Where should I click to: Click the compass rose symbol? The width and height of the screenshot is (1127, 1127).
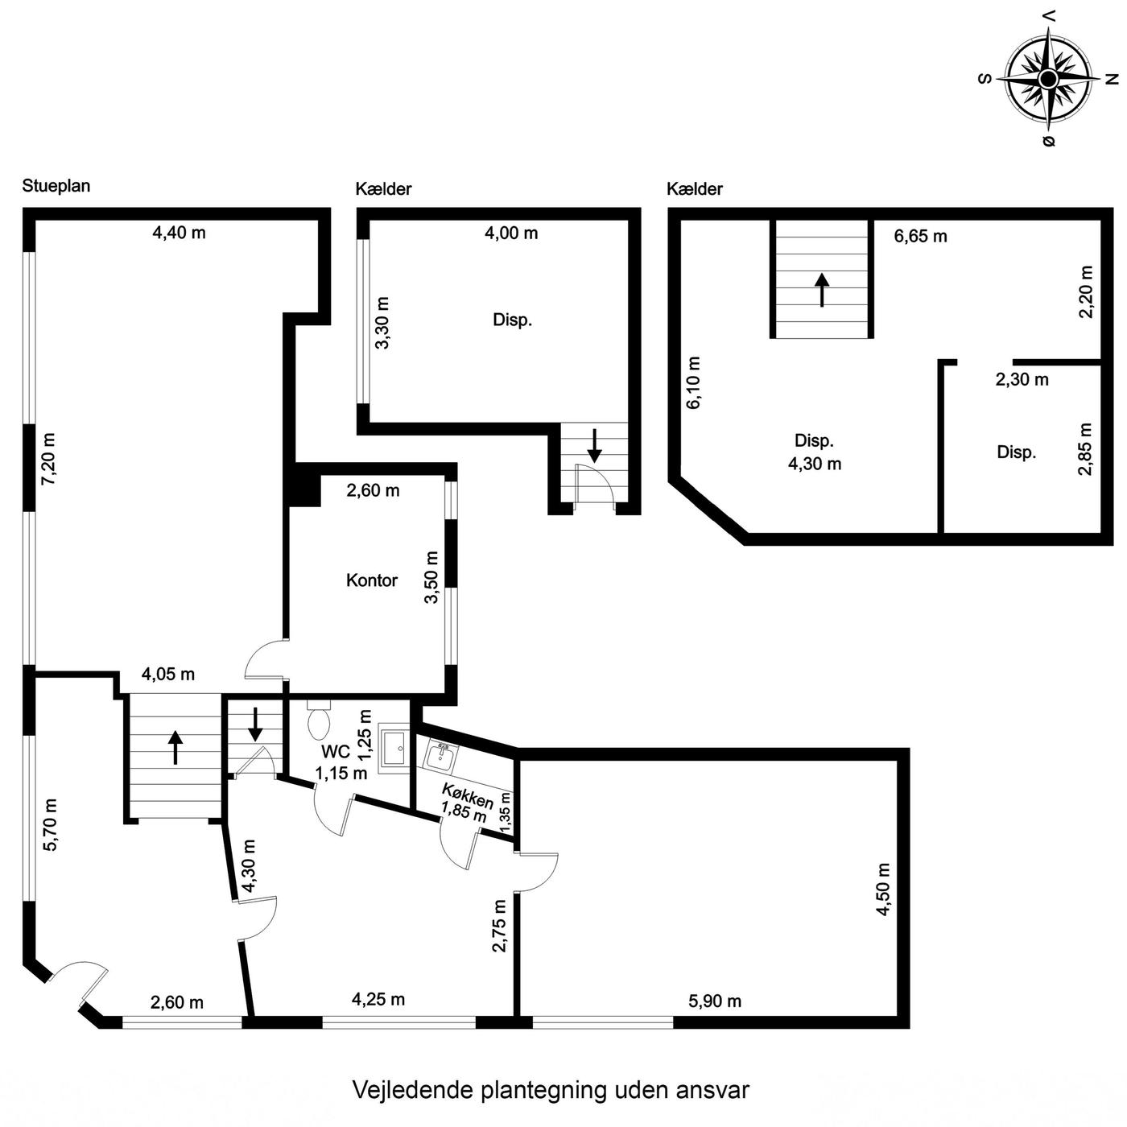click(x=1048, y=78)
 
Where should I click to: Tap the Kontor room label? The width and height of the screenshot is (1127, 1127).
click(x=371, y=580)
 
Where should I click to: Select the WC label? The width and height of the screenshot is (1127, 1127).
click(x=335, y=752)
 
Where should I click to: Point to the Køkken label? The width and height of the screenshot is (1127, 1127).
click(x=467, y=796)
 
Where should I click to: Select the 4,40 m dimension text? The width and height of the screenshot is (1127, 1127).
click(x=179, y=233)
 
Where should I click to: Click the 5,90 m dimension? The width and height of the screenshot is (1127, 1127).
click(x=715, y=1001)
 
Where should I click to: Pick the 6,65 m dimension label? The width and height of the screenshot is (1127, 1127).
click(x=921, y=237)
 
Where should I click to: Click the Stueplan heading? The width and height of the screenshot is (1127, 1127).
click(x=56, y=186)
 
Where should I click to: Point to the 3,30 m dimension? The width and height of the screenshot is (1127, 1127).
click(x=382, y=323)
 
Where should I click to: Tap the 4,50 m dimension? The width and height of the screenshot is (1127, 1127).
click(x=883, y=890)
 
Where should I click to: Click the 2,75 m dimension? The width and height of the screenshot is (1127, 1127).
click(x=499, y=926)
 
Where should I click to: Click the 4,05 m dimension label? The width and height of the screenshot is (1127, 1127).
click(x=168, y=675)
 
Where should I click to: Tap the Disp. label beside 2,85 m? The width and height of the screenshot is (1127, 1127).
click(x=1017, y=452)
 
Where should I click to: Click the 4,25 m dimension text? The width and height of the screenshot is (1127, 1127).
click(x=378, y=1000)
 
